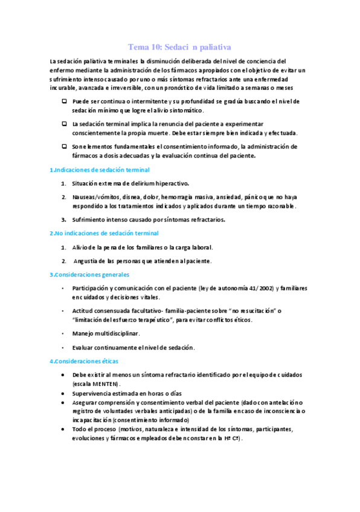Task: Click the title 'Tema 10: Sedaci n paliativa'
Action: coord(180,46)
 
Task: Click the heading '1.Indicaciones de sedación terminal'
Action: coord(99,170)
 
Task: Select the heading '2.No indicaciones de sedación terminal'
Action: coord(104,233)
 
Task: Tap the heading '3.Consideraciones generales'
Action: coord(89,275)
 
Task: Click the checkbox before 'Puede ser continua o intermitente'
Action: coord(64,101)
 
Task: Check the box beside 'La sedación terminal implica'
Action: coord(64,123)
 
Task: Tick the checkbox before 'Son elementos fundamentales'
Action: coord(64,146)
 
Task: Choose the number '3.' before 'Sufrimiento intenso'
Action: coord(63,220)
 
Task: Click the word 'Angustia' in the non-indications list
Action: coord(85,261)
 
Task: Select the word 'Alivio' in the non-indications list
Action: coord(80,247)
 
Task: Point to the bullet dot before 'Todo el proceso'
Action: coord(65,429)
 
